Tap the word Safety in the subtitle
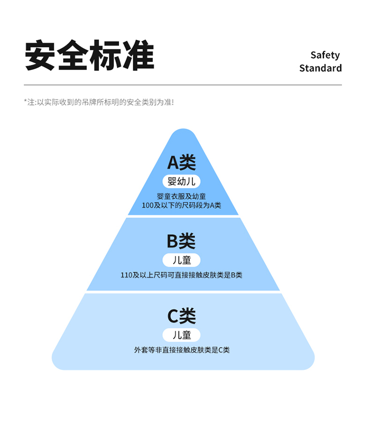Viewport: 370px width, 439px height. pos(325,55)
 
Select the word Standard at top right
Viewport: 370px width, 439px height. pos(320,68)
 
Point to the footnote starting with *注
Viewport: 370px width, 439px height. pos(99,102)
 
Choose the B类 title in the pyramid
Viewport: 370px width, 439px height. pos(181,241)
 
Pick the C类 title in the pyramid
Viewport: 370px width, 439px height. pos(182,316)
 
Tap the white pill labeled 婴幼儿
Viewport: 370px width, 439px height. pos(182,182)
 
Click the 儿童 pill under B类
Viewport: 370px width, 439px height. pos(182,260)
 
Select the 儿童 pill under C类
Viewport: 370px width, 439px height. pos(182,335)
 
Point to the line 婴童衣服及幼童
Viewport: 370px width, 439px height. pos(182,196)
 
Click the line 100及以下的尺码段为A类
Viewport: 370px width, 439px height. pos(182,205)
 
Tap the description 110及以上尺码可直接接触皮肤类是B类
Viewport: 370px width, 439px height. pos(182,275)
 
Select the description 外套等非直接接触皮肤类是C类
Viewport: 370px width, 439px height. pos(182,350)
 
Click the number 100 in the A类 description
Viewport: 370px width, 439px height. pos(148,205)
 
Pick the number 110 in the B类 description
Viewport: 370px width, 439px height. pos(126,275)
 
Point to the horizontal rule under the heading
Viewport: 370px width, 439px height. pos(183,85)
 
